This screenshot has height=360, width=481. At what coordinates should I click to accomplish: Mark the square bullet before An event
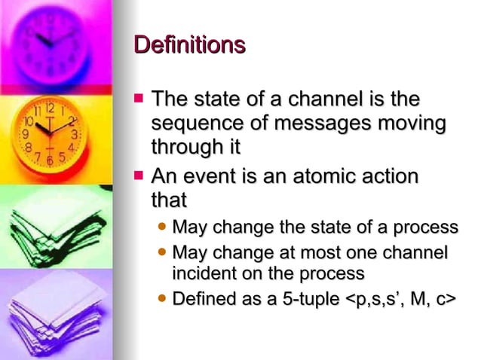click(x=137, y=176)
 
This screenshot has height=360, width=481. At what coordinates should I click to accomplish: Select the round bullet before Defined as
click(x=162, y=299)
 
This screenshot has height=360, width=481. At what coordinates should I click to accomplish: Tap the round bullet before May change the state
click(x=162, y=227)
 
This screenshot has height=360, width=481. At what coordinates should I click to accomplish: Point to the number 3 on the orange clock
click(x=74, y=134)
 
